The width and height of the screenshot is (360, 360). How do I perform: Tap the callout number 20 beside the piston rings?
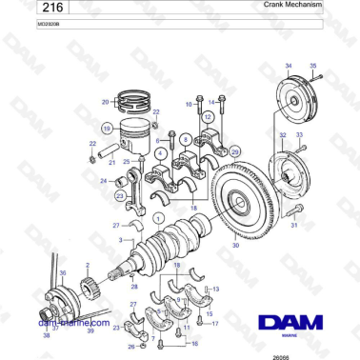point(105,101)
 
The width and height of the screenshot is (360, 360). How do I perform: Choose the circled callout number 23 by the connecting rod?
point(121,195)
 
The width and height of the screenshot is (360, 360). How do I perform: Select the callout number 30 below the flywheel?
point(235,244)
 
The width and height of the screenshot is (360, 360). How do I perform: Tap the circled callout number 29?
point(235,151)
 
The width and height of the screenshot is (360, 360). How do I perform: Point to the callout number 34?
point(289,65)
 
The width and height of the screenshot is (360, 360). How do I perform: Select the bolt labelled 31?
point(294,213)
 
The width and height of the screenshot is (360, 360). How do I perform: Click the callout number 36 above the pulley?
point(63,271)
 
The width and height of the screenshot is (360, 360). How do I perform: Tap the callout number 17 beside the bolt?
point(215,324)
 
